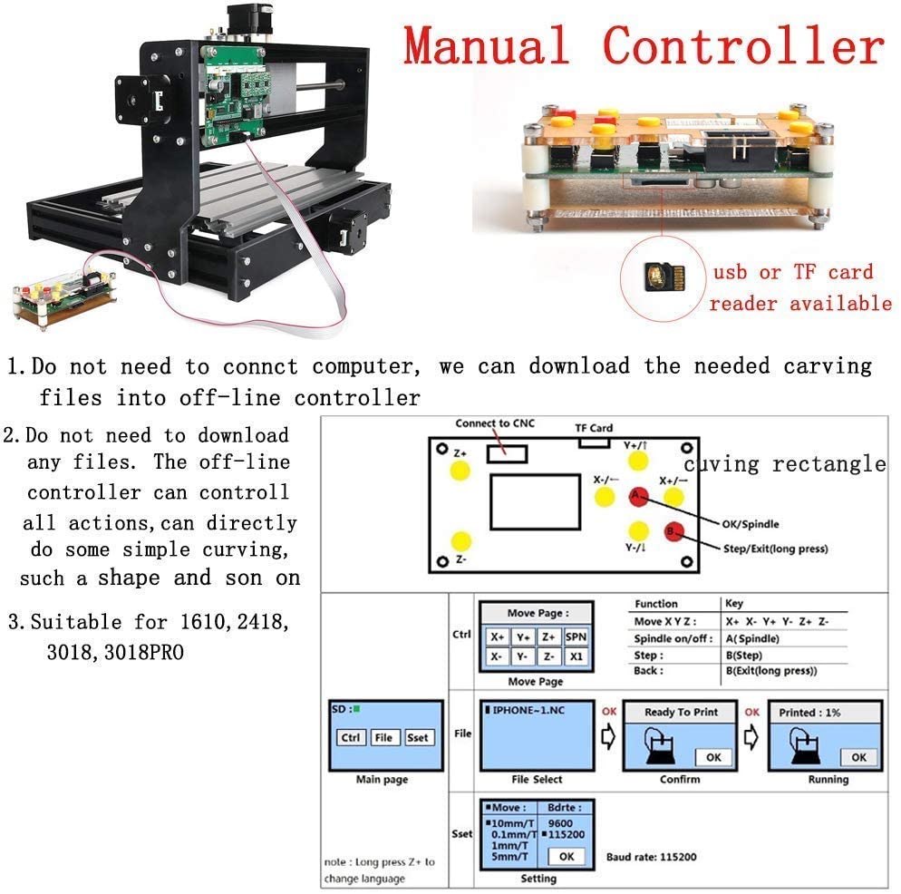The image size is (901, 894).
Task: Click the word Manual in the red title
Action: (x=487, y=46)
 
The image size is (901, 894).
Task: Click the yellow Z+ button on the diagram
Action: (x=460, y=470)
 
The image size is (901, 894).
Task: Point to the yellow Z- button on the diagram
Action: (x=460, y=541)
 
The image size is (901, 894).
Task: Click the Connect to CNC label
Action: (x=496, y=423)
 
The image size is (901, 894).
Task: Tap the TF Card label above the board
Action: (x=594, y=428)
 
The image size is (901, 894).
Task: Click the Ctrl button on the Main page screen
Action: (x=350, y=737)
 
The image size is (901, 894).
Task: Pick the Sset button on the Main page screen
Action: (x=418, y=737)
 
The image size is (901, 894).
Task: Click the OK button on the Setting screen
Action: (x=567, y=856)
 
